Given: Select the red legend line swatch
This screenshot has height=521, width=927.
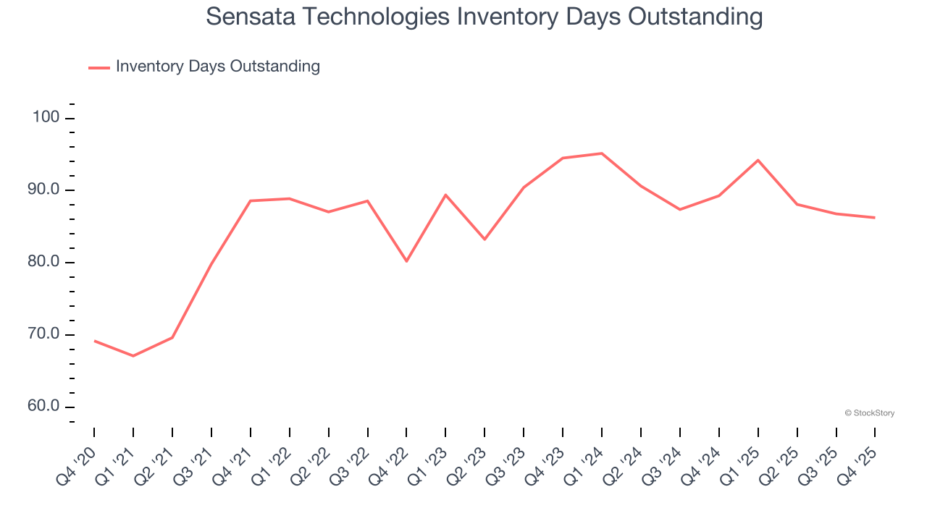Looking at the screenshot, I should tap(98, 67).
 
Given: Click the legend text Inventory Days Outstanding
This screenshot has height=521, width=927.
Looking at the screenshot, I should tap(217, 67).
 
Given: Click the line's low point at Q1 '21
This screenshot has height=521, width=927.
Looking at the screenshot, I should tap(133, 356).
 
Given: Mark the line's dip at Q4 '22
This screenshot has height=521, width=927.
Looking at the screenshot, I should tap(407, 261).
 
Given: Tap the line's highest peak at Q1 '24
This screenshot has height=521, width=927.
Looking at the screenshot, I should tap(602, 153).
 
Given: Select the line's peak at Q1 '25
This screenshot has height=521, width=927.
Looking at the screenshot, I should tap(758, 160).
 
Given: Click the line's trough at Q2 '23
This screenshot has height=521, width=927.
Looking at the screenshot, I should tap(485, 240).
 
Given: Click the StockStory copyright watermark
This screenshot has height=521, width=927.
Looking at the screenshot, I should tap(869, 413).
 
